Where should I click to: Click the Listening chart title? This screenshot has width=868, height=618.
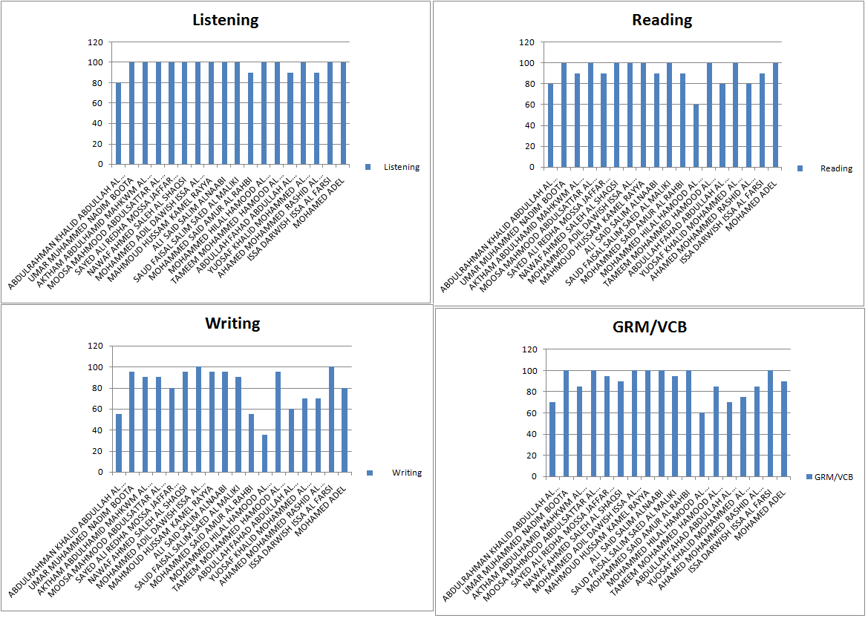225,20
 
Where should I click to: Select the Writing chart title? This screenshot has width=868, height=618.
232,323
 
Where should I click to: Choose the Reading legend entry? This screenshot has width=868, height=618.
835,168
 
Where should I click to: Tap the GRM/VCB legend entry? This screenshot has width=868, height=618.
833,477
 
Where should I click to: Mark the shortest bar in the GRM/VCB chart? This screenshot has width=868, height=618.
702,445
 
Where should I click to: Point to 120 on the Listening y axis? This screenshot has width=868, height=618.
95,42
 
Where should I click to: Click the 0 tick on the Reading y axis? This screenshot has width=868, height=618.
530,168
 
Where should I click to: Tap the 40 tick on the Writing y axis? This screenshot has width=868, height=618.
97,430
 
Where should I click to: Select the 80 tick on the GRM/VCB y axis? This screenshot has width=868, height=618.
531,392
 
